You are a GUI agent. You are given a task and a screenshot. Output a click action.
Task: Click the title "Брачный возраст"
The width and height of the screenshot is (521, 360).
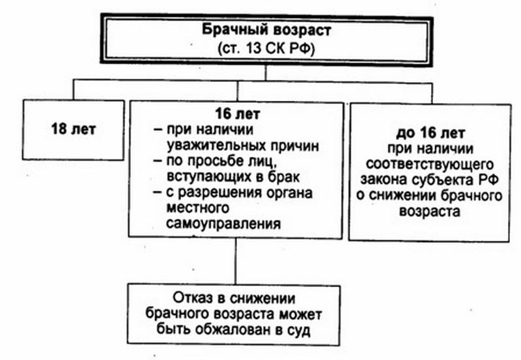coord(266,30)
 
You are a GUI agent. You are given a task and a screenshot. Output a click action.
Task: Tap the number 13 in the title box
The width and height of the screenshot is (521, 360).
coord(254,49)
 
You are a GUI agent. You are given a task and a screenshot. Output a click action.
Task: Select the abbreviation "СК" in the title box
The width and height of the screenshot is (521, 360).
coord(275,49)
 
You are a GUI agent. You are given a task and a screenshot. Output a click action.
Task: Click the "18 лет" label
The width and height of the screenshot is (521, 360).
coord(74,129)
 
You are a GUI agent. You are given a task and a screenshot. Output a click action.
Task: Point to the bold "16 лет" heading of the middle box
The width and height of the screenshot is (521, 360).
coord(237,113)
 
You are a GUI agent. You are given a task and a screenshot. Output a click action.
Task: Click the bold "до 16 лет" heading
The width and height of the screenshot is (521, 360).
coord(430,133)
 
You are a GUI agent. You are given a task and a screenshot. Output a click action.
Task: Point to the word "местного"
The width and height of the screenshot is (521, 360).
coord(198,208)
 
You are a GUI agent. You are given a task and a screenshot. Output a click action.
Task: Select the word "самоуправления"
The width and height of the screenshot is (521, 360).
coord(223,224)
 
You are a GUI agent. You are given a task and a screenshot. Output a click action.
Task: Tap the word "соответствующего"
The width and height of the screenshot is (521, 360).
coord(430,164)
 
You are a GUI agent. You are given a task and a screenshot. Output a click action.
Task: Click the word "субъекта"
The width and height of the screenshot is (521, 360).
coord(443,180)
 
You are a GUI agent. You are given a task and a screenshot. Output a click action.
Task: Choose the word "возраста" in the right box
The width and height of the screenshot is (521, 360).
coord(430,211)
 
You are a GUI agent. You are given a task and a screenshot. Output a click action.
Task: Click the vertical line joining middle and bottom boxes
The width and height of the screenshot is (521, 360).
coord(235,261)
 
